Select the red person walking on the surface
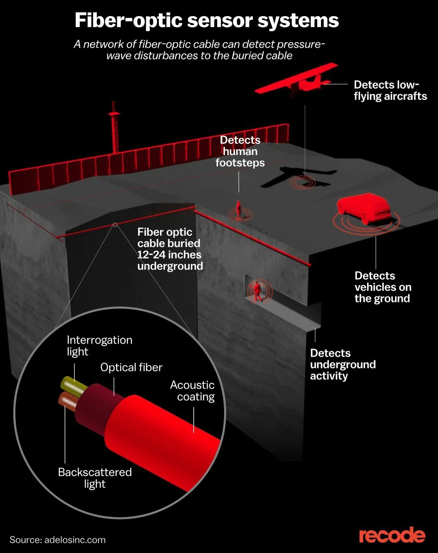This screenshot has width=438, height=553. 239,210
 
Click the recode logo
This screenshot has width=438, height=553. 392,535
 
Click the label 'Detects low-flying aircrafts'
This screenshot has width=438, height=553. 390,90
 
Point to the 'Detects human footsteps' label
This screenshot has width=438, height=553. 240,151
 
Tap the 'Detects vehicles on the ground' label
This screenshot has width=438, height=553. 382,287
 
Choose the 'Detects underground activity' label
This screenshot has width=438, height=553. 342,364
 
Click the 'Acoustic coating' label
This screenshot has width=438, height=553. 192,391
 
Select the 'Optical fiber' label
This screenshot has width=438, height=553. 131,367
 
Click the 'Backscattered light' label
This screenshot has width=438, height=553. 95,478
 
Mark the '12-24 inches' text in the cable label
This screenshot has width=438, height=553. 169,255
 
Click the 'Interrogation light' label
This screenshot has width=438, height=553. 99,345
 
